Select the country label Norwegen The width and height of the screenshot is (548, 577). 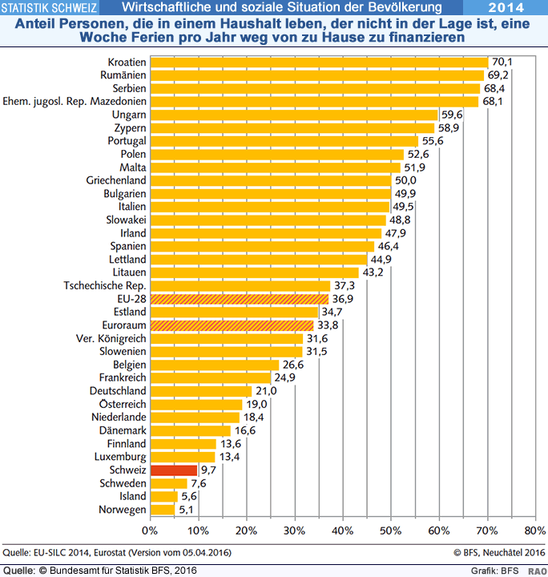coord(122,510)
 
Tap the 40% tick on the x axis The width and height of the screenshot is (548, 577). coord(343,531)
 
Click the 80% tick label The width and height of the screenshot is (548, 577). coord(534,531)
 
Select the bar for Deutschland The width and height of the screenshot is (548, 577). coord(201,391)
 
